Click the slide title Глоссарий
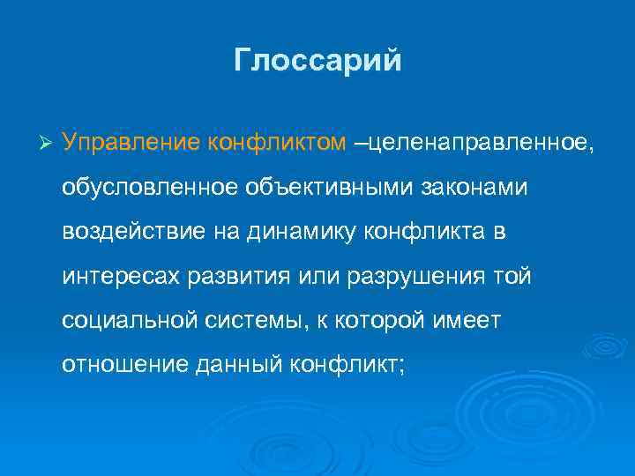[317, 60]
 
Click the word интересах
[121, 277]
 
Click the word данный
[230, 366]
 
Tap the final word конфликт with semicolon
[345, 366]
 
